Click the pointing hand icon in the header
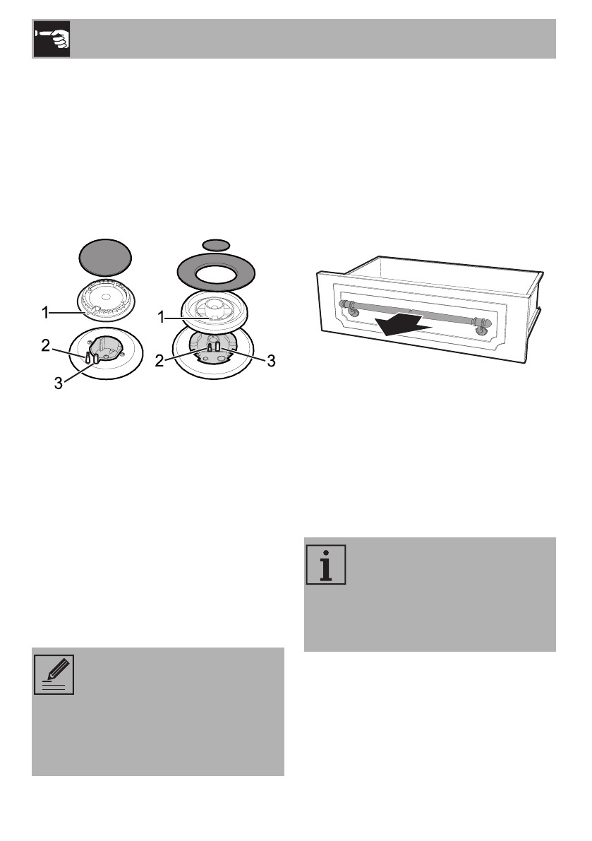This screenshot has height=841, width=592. (x=52, y=39)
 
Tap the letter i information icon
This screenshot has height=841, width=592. (x=325, y=564)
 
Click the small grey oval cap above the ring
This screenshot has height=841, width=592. (x=216, y=244)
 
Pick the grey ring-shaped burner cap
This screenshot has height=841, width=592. (x=217, y=269)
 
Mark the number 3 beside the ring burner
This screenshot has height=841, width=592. (x=270, y=362)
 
